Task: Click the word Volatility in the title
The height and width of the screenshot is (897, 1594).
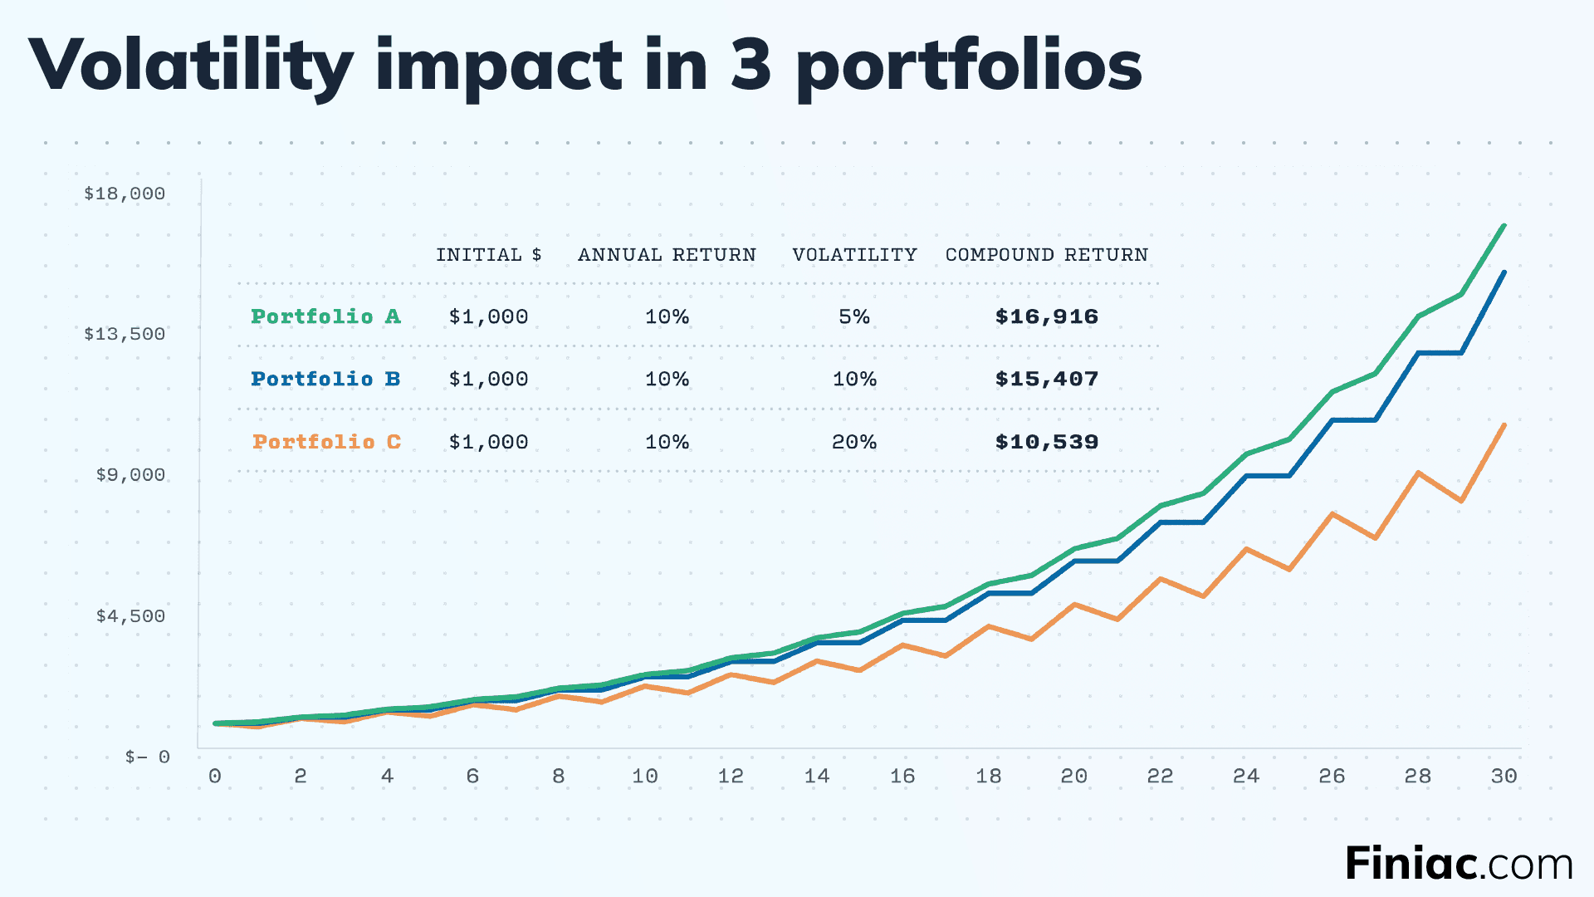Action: [191, 66]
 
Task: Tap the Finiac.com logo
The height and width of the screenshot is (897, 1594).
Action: [1458, 864]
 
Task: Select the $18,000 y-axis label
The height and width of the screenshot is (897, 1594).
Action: [125, 194]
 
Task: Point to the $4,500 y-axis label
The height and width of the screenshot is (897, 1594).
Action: [130, 616]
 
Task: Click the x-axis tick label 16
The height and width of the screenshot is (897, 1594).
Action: [902, 777]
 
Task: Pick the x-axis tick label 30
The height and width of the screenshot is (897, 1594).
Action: [1504, 777]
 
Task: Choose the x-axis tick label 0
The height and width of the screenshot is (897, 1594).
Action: [215, 777]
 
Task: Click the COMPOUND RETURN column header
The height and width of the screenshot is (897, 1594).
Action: [1046, 255]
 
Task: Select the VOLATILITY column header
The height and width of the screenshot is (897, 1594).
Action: [854, 255]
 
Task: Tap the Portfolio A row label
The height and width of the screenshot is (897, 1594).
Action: [325, 316]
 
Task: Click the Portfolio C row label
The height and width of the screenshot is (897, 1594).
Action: [326, 442]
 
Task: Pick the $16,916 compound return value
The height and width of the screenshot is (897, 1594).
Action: [1046, 316]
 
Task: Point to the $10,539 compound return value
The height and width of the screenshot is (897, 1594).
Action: [1046, 442]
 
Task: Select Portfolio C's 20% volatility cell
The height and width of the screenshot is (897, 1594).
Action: [854, 442]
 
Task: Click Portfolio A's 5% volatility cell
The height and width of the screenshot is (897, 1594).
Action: [854, 316]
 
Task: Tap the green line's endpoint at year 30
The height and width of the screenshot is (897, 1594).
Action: [1504, 226]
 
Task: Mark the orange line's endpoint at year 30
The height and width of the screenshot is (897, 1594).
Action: [1504, 425]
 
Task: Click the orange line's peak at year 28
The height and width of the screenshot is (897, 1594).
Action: [1419, 473]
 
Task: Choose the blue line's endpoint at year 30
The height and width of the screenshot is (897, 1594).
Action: [1504, 272]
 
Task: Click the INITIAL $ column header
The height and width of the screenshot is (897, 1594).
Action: [488, 255]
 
